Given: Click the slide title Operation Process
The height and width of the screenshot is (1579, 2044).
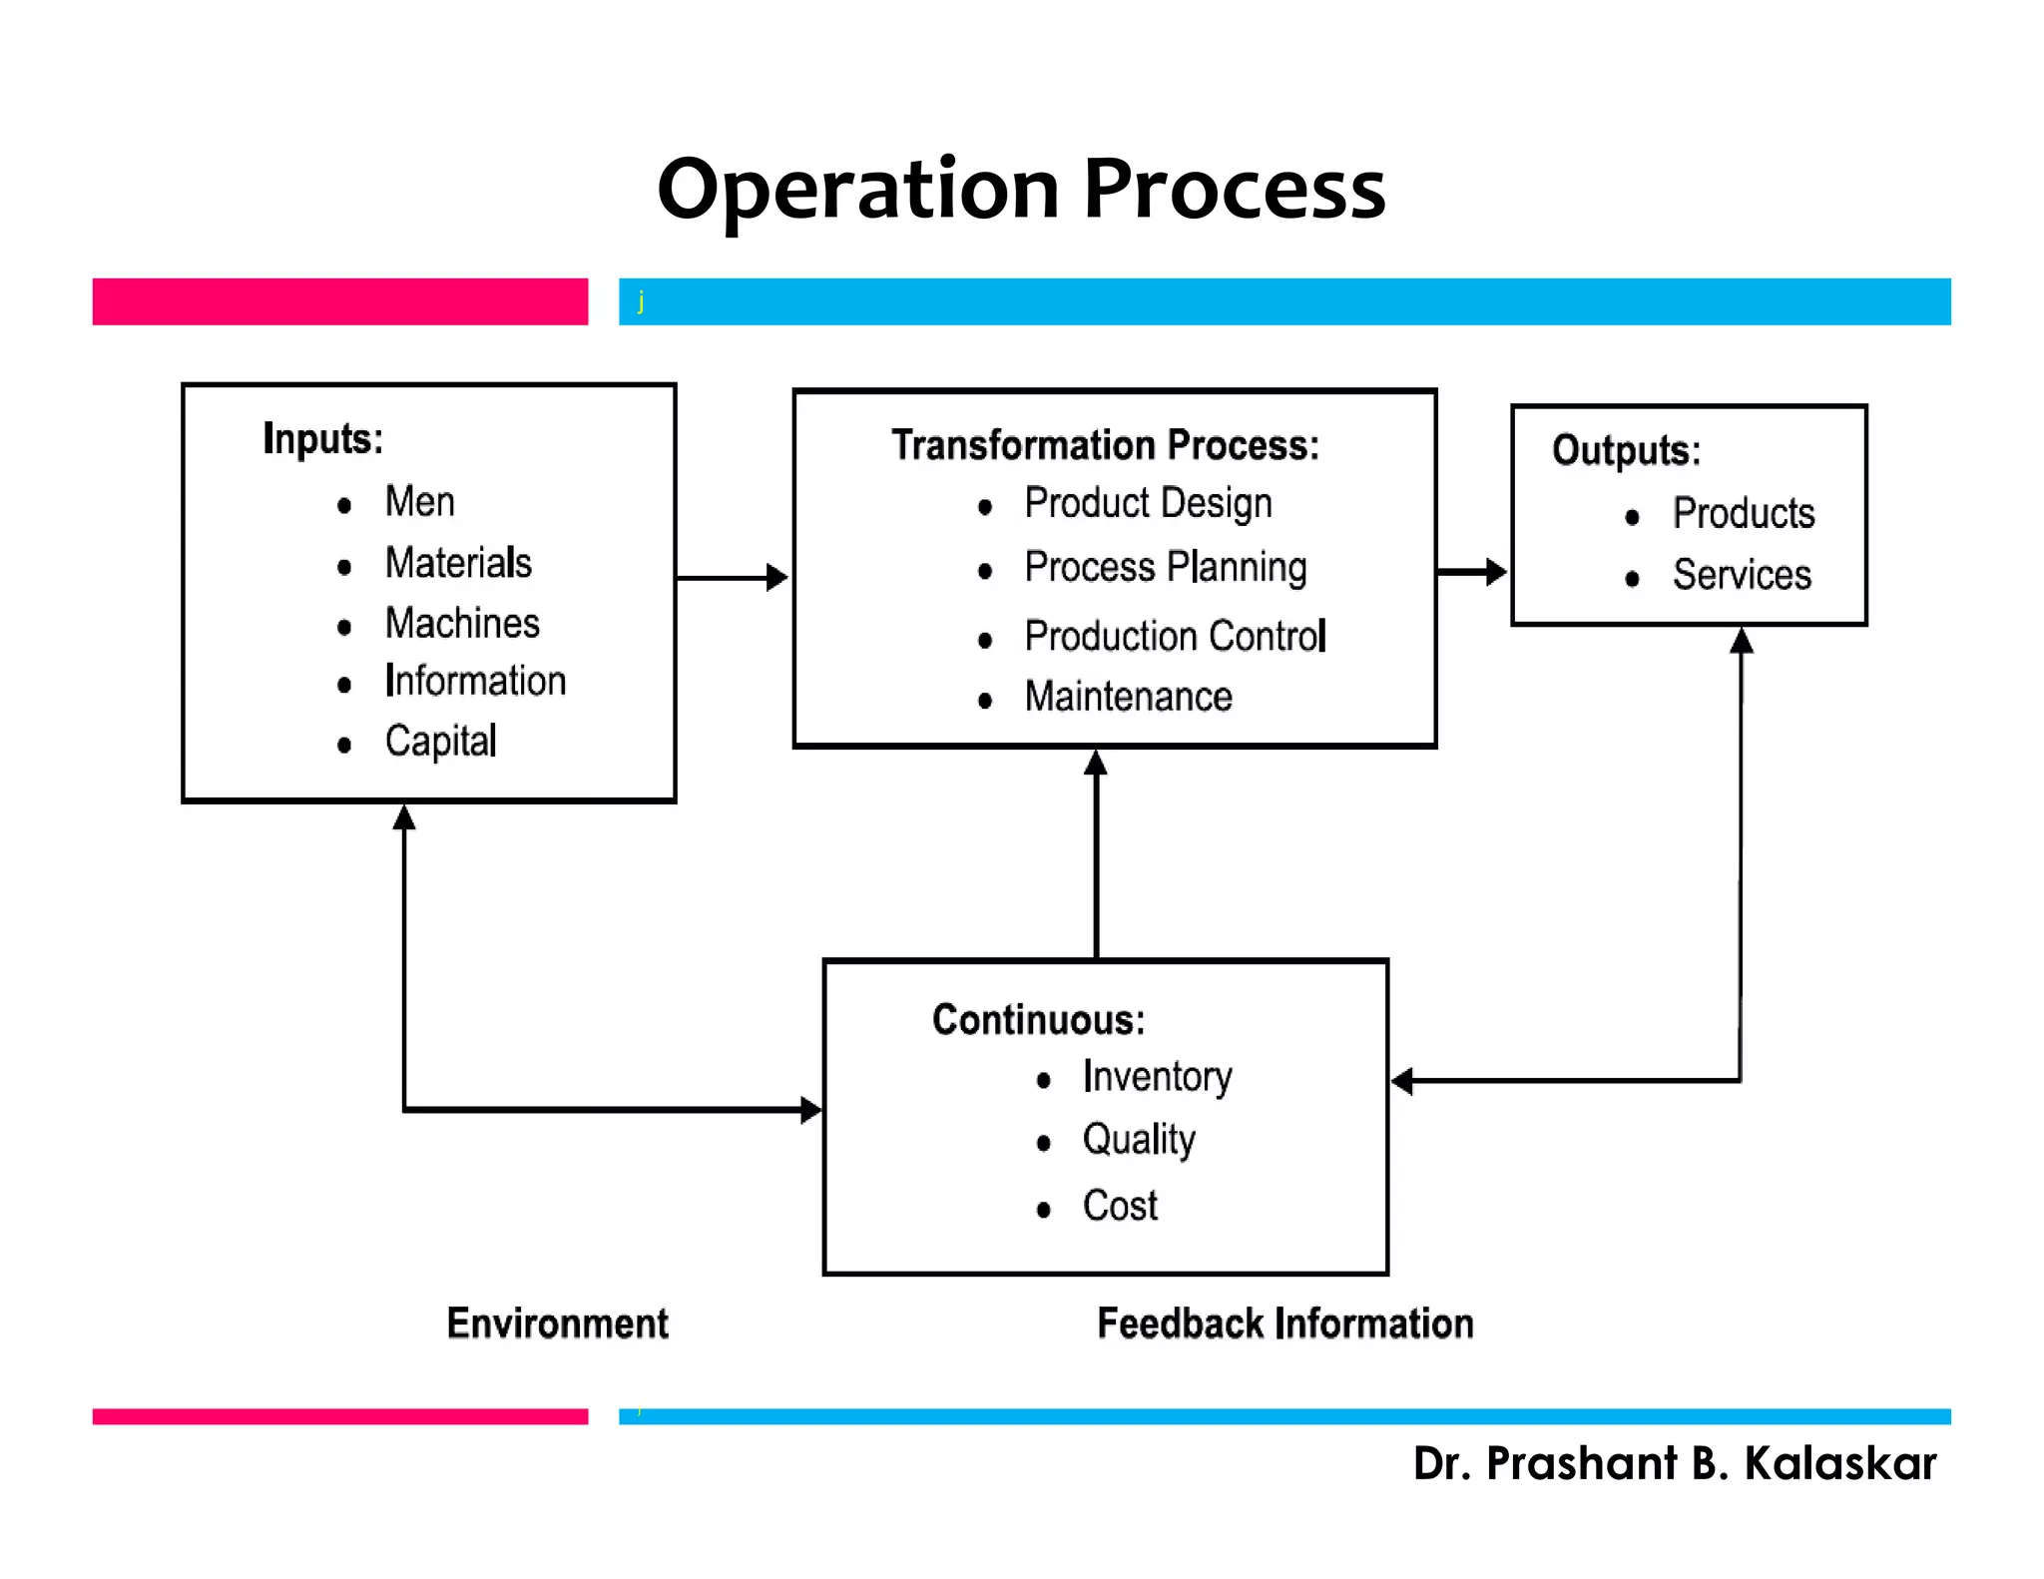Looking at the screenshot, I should [1021, 190].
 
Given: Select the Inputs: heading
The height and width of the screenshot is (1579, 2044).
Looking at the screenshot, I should [322, 438].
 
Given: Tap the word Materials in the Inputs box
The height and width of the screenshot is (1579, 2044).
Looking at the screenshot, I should [458, 563].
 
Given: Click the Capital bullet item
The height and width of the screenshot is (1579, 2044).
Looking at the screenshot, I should [440, 742].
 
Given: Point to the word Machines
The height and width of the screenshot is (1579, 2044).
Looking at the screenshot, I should [462, 623].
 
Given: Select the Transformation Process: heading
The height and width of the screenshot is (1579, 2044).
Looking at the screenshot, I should [1105, 445].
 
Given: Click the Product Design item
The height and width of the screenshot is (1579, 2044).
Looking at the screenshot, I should [1148, 504].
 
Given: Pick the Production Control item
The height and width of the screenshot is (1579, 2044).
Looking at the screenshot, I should [1175, 637].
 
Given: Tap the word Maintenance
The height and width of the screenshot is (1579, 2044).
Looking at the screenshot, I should [1128, 697].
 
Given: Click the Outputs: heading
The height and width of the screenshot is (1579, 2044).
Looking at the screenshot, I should [1626, 450].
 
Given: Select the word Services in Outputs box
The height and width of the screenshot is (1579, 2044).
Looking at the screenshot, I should [1742, 575].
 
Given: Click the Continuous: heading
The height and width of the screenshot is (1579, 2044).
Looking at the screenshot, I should [1038, 1020].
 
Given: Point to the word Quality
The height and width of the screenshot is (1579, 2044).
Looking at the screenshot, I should [1139, 1140].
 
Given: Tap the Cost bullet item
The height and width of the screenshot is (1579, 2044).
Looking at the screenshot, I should [1120, 1206].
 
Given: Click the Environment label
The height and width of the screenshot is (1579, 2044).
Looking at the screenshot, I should [557, 1323].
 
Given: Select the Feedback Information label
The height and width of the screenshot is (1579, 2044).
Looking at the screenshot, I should [1284, 1323].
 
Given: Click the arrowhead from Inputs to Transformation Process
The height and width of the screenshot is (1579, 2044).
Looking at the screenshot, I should [776, 578].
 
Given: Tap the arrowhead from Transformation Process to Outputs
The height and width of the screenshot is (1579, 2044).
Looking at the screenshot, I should [1495, 572].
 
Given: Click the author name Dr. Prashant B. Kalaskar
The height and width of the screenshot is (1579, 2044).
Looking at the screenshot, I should [1674, 1463].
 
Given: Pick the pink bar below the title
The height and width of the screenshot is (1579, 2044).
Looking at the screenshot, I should [339, 301].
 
